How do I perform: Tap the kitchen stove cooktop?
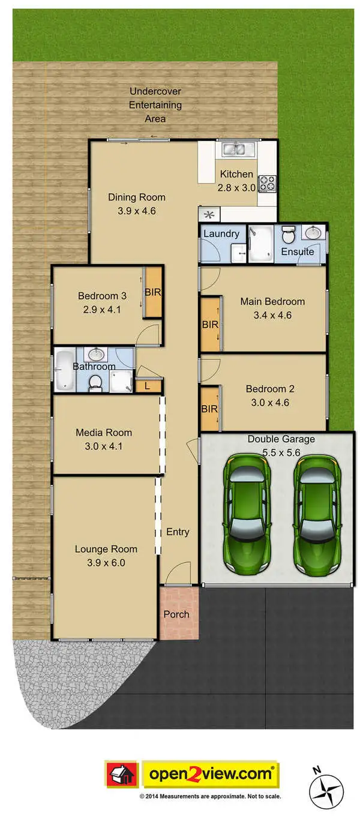(268, 182)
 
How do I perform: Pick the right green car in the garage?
(315, 514)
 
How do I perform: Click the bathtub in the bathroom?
(65, 371)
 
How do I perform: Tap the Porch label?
(176, 614)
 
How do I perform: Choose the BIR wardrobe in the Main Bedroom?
(210, 324)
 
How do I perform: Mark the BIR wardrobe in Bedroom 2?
(209, 409)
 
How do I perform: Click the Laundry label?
(221, 233)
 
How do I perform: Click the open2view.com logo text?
(210, 775)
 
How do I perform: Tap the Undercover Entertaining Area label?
(155, 105)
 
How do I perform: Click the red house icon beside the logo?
(122, 775)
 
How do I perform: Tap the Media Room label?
(103, 432)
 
